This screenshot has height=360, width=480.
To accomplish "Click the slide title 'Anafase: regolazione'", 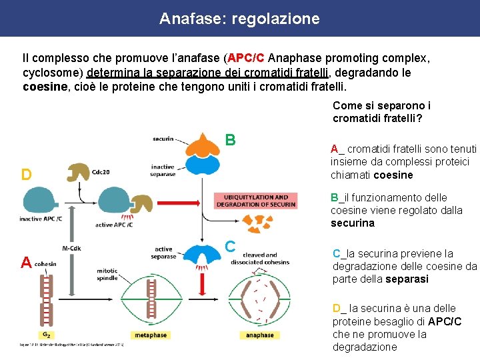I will click(x=239, y=19).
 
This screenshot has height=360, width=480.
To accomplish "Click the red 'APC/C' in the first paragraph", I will click(x=246, y=58).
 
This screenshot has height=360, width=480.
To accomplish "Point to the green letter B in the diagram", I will click(x=230, y=140).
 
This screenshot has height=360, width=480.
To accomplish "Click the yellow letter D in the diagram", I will click(x=27, y=175).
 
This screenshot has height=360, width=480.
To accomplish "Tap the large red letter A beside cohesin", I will click(x=26, y=263).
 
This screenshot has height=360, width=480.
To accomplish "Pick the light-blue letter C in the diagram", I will click(x=229, y=245).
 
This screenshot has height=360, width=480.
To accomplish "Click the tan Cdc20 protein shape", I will click(x=79, y=171).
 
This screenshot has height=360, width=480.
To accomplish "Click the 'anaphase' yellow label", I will click(x=259, y=335).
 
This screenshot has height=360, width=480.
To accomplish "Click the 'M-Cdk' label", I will click(x=72, y=249).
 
